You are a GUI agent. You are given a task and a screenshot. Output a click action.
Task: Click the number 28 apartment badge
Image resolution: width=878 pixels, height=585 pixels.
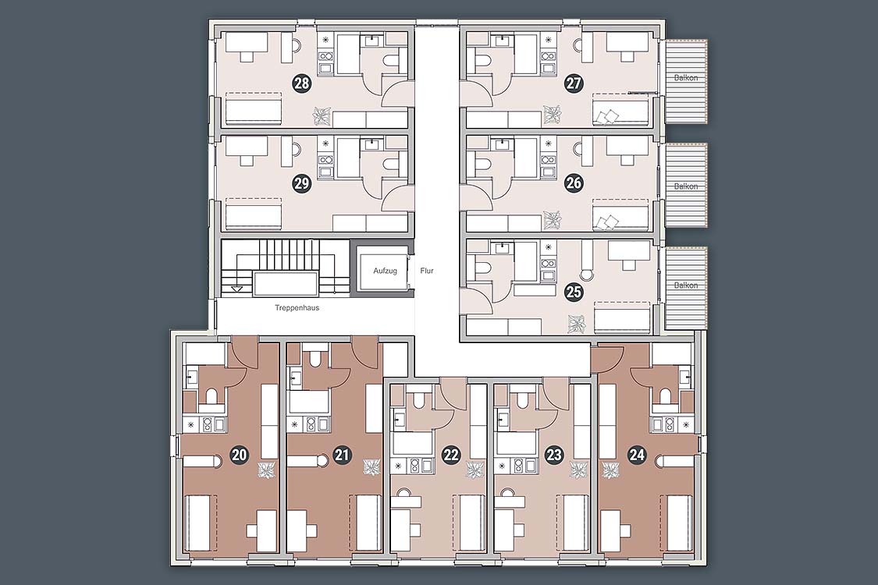tap(302, 84)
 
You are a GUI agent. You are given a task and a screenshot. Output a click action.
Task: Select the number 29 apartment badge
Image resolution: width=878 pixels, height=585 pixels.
tap(302, 183)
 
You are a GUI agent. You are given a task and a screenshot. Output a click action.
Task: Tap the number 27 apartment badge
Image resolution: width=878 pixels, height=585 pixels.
tap(574, 84)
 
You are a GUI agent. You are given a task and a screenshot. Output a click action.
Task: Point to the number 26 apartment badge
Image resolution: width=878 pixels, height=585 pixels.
tap(574, 183)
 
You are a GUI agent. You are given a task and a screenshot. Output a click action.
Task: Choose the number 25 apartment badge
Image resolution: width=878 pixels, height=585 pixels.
tap(574, 292)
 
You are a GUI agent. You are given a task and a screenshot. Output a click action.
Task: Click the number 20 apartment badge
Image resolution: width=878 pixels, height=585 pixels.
tap(240, 455)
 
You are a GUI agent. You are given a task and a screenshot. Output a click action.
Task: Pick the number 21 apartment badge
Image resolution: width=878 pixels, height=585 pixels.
tap(342, 455)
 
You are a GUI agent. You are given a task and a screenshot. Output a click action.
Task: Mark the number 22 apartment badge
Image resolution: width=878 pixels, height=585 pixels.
tap(451, 455)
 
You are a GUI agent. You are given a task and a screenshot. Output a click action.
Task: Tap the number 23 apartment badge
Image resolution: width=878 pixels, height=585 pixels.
tap(554, 455)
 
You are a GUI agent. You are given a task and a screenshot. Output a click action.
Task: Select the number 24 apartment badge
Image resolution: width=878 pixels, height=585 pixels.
tap(637, 455)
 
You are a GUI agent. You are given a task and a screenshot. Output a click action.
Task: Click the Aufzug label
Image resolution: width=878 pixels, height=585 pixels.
tap(386, 271)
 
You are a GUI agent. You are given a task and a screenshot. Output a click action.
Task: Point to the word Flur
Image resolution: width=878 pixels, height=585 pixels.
tap(427, 271)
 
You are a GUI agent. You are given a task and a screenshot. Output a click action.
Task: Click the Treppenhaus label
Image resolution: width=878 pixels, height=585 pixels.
tap(297, 307)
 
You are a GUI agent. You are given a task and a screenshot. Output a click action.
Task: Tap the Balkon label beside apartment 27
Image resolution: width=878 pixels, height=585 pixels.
tap(686, 78)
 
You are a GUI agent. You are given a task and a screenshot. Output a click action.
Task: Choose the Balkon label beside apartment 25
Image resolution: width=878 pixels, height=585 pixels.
tap(686, 285)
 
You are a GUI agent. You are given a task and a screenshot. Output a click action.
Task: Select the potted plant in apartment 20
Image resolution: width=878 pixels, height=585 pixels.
tap(266, 470)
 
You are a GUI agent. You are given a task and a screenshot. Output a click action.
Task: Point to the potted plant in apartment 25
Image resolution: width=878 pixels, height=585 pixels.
tap(576, 324)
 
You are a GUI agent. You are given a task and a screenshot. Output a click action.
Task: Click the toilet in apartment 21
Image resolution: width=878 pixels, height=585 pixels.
tap(315, 360)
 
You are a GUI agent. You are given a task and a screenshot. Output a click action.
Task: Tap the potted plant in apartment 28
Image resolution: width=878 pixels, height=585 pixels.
tap(322, 116)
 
